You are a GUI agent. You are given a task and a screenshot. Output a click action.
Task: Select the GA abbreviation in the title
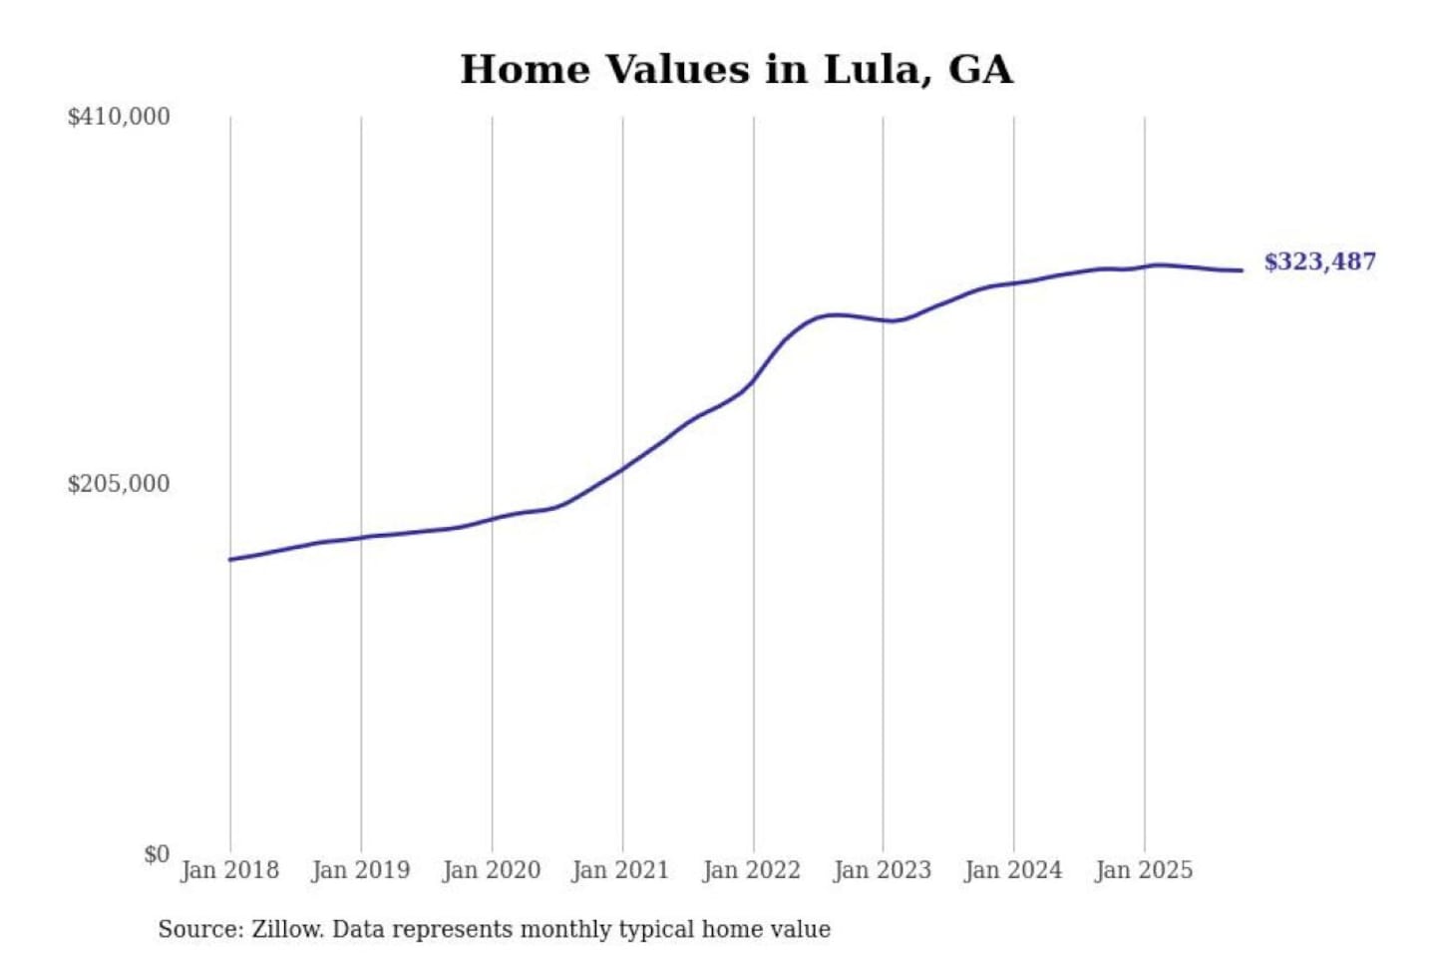(980, 70)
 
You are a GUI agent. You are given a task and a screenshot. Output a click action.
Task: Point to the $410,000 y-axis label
(119, 117)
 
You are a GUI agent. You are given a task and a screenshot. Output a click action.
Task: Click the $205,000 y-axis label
(119, 484)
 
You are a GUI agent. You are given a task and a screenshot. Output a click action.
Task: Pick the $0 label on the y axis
(157, 854)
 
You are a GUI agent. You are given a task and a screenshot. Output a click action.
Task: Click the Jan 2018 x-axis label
(229, 870)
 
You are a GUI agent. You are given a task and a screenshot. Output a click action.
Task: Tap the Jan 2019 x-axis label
(360, 870)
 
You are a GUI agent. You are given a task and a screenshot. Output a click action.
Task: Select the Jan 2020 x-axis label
(491, 870)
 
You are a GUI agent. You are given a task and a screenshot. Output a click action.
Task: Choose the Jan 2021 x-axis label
(620, 870)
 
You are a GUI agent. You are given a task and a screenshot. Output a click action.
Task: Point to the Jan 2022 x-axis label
(751, 870)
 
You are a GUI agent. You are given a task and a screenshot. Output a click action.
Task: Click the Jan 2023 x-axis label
(882, 870)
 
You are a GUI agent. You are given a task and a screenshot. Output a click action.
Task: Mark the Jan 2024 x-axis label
(1012, 870)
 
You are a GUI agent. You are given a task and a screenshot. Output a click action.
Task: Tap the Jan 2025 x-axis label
(1143, 870)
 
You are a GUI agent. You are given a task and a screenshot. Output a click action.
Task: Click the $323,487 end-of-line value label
(1319, 261)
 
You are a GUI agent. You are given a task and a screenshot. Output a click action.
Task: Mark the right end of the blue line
(1242, 270)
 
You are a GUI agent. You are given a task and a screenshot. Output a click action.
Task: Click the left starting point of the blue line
(230, 560)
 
